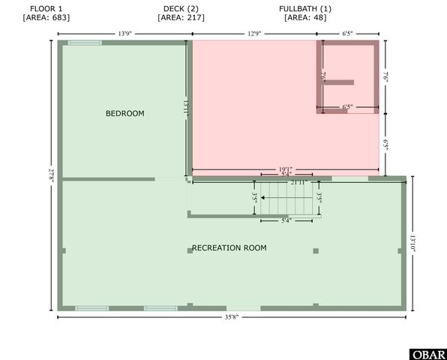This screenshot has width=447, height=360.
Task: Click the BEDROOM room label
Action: coord(124,113)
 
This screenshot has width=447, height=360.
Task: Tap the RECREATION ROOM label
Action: coord(229,247)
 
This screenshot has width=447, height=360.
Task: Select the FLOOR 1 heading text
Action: coord(46,8)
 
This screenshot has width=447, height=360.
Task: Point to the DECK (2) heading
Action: coord(180,8)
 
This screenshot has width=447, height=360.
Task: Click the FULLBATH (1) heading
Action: coord(305,8)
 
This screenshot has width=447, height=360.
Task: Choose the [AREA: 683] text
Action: coord(46,17)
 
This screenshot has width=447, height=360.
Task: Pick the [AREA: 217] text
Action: coord(180,17)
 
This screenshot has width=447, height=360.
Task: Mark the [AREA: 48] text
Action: coord(305,17)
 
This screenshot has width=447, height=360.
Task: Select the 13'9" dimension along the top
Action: coord(125,33)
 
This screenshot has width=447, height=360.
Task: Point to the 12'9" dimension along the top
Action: coord(255,33)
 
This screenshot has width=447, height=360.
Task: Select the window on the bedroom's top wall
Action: coord(85,43)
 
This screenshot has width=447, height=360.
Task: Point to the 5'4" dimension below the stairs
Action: coord(286,221)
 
